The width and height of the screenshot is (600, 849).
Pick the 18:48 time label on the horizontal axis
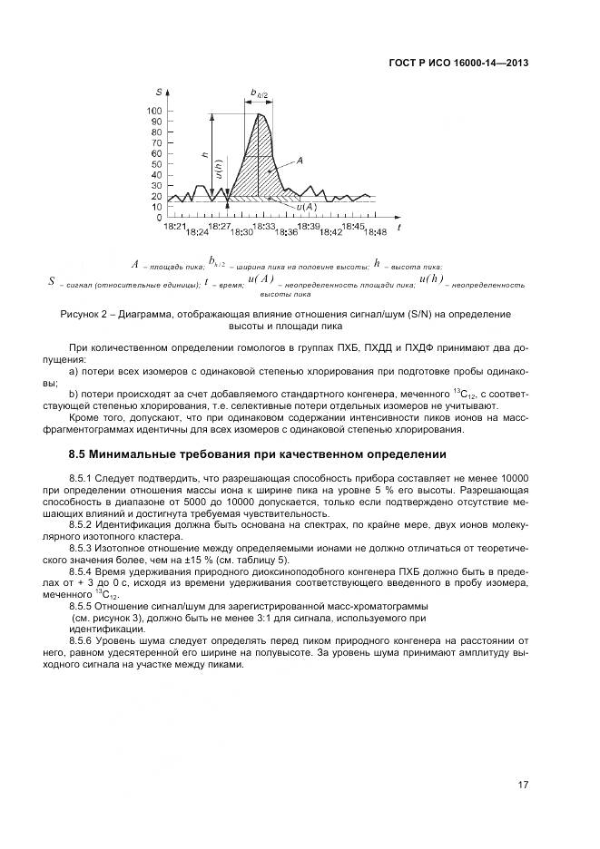coord(374,232)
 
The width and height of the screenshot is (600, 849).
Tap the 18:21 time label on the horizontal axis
coord(176,226)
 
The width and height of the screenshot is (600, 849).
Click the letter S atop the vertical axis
coord(159,93)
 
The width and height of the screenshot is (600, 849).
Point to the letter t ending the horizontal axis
coord(399,222)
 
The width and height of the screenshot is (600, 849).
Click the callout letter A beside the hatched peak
coord(299,160)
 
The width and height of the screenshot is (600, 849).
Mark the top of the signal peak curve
coord(261,114)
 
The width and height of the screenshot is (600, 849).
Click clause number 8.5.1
coord(84,476)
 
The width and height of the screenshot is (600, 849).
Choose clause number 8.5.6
coord(84,640)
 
